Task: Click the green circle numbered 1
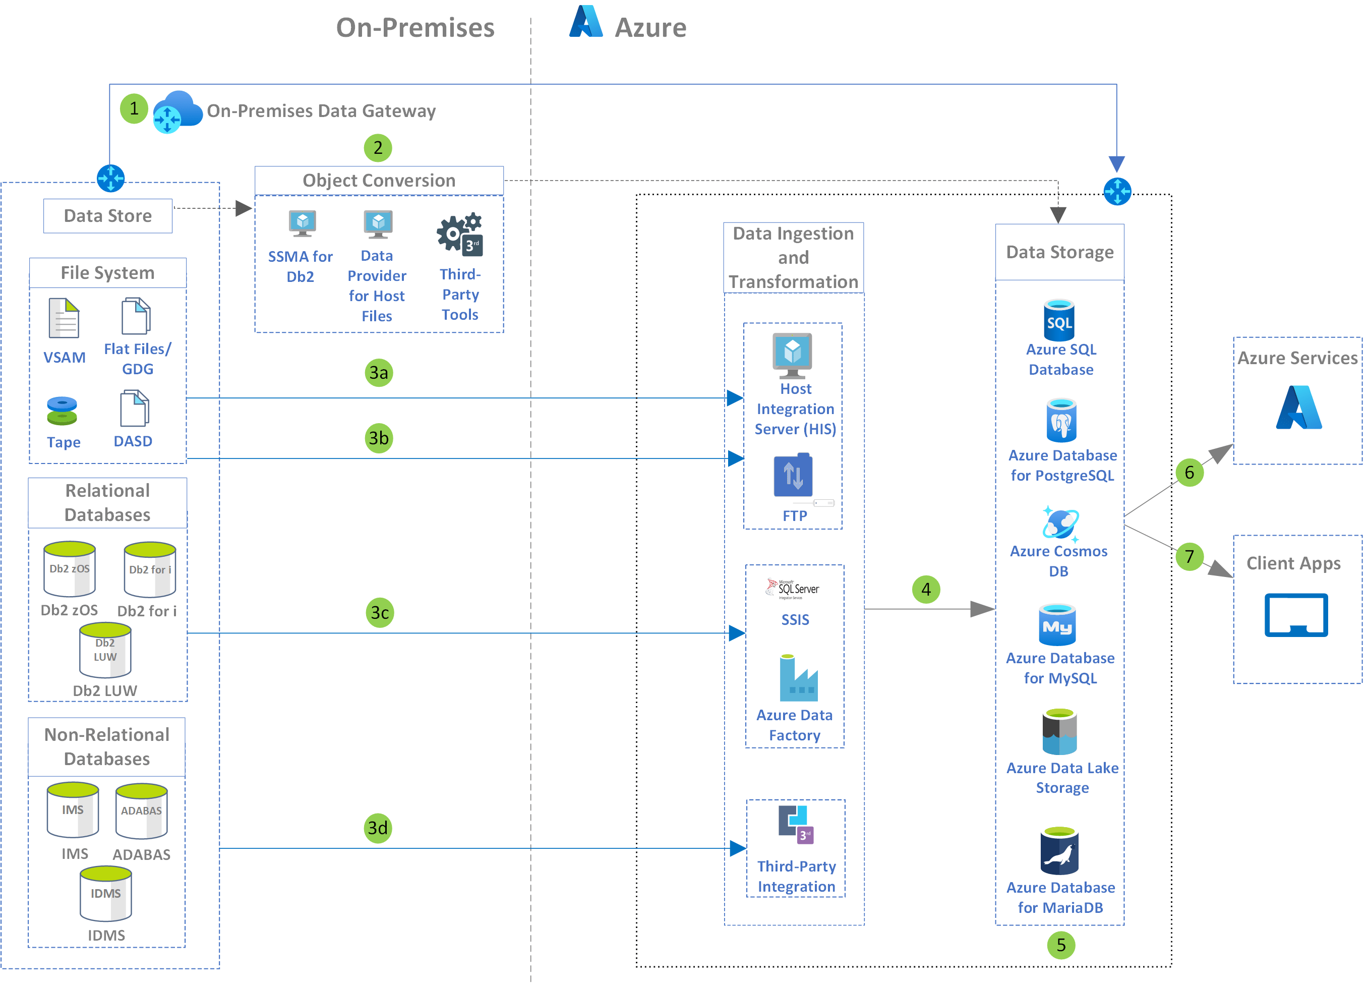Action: tap(134, 108)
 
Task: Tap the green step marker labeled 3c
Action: tap(380, 613)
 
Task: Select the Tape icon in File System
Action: tap(62, 411)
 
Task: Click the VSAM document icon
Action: tap(64, 318)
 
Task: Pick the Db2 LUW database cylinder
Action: tap(105, 650)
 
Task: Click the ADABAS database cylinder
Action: tap(141, 811)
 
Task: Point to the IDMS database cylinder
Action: tap(105, 894)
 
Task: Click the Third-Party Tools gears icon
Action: tap(460, 235)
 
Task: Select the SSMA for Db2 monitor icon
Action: tap(303, 223)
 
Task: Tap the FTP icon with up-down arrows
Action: tap(793, 476)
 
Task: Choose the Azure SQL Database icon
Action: tap(1059, 320)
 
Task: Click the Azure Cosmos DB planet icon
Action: tap(1060, 523)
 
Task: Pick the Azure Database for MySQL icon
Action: tap(1057, 625)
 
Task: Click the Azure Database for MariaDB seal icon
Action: tap(1059, 851)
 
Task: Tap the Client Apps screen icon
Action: tap(1296, 615)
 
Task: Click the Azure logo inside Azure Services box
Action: tap(1298, 408)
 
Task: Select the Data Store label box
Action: tap(108, 215)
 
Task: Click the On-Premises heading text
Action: tap(415, 28)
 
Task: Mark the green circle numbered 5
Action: tap(1061, 945)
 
